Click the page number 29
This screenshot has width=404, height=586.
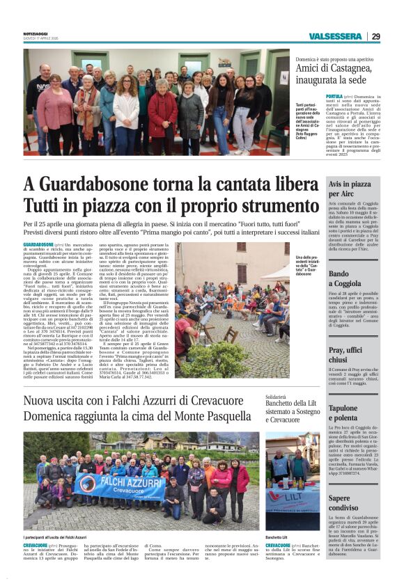pos(376,36)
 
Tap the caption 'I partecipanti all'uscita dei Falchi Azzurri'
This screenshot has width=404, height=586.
pos(54,537)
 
